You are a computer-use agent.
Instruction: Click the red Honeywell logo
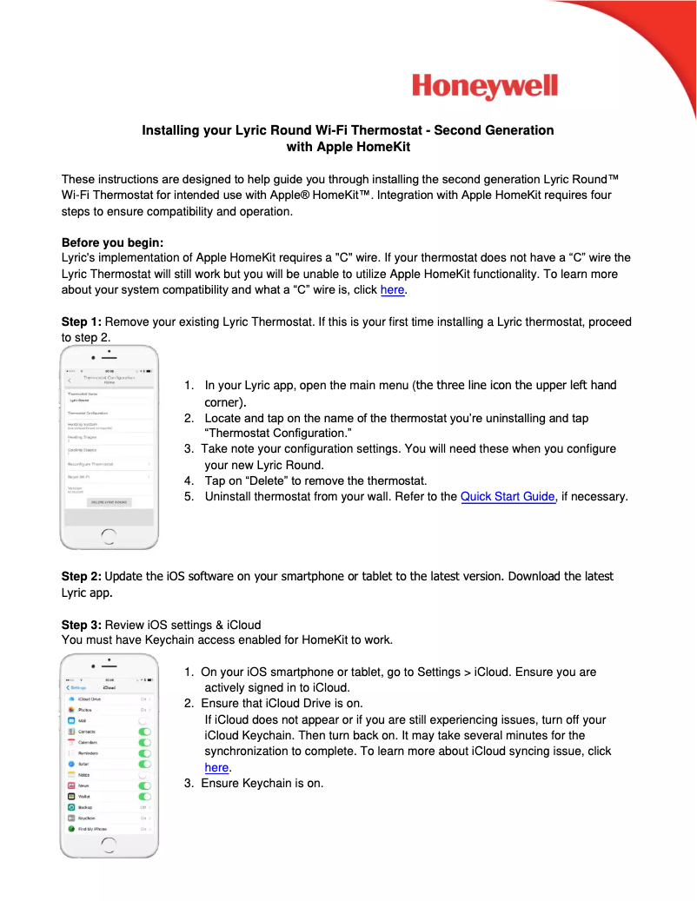pyautogui.click(x=484, y=87)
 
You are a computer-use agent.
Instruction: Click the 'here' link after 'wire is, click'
pyautogui.click(x=393, y=290)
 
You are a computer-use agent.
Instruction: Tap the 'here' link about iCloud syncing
pyautogui.click(x=216, y=767)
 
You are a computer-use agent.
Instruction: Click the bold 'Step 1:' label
pyautogui.click(x=82, y=321)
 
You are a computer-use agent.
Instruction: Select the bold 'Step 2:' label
pyautogui.click(x=82, y=576)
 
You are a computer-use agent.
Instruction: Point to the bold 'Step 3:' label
pyautogui.click(x=82, y=625)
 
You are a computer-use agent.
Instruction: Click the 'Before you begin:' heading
pyautogui.click(x=112, y=242)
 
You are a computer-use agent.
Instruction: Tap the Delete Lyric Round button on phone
pyautogui.click(x=110, y=502)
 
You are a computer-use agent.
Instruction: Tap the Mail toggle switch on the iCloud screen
pyautogui.click(x=144, y=721)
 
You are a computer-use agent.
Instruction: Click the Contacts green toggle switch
pyautogui.click(x=144, y=732)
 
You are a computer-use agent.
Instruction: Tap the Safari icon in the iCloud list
pyautogui.click(x=71, y=764)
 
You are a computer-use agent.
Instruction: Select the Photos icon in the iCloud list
pyautogui.click(x=71, y=710)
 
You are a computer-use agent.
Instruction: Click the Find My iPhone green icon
pyautogui.click(x=71, y=829)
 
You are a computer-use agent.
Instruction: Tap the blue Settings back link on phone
pyautogui.click(x=76, y=687)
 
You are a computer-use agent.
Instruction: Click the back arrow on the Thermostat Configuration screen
pyautogui.click(x=70, y=381)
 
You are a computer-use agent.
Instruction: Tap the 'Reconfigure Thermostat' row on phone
pyautogui.click(x=109, y=464)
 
